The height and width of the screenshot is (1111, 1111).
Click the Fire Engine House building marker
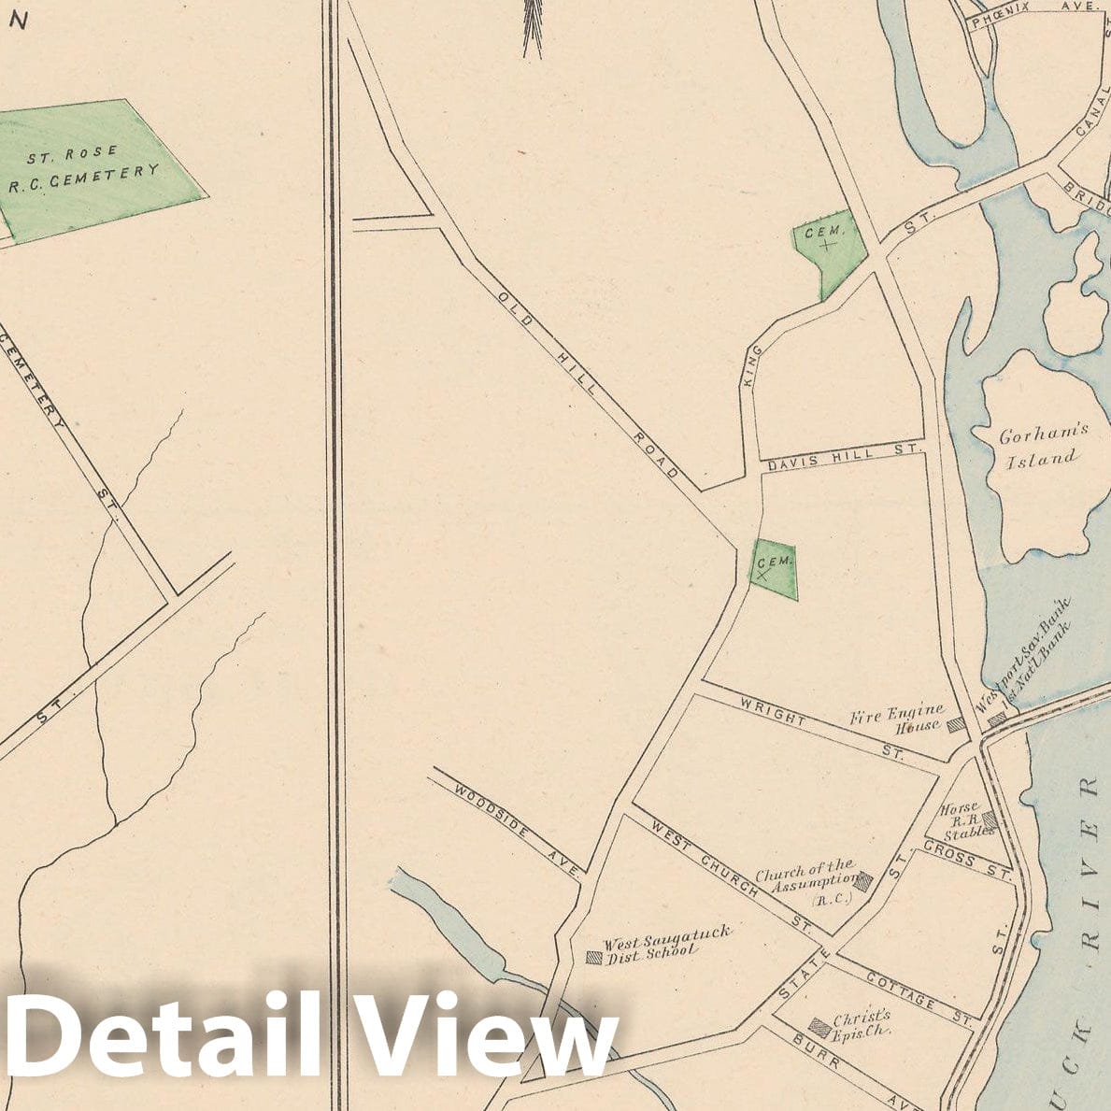coord(956,724)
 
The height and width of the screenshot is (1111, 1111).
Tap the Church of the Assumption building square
coord(865,879)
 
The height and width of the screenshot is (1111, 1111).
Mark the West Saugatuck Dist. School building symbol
coord(592,957)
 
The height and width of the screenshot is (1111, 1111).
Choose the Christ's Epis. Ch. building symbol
coord(819,1026)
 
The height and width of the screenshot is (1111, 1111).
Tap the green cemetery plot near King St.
coord(826,249)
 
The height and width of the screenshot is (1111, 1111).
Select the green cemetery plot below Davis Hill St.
coord(775,569)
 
